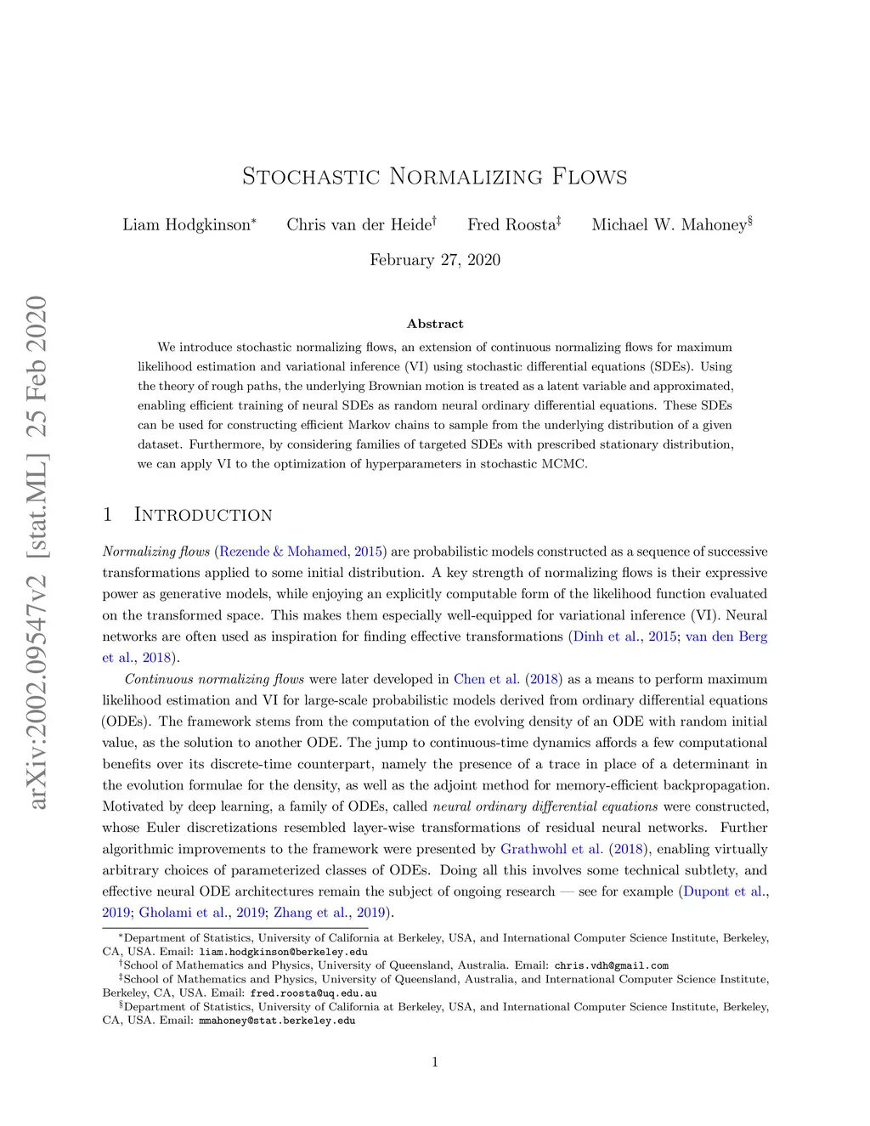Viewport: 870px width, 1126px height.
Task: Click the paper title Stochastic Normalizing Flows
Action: (434, 177)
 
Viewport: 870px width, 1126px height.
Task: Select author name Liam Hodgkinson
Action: (187, 225)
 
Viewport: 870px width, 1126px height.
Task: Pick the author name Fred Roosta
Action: (511, 225)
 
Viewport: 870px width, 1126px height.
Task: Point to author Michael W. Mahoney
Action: (669, 225)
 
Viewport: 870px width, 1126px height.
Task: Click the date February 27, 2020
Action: (434, 260)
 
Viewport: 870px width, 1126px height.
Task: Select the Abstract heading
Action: (435, 324)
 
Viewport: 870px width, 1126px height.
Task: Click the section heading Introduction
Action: (203, 515)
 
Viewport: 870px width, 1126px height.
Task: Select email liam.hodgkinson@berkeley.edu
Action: (283, 952)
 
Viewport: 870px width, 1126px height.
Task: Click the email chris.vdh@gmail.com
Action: (611, 965)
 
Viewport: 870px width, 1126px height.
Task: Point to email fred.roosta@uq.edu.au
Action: (313, 993)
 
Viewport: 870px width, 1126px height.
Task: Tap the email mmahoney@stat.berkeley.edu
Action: (277, 1021)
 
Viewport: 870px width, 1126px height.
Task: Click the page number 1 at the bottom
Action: (435, 1062)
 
